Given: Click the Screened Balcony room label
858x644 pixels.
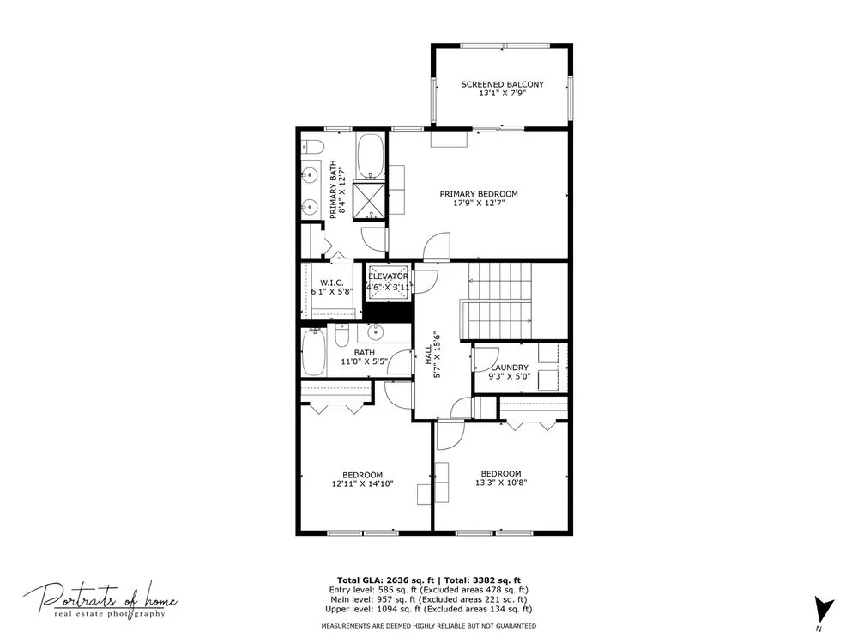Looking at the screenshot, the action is tap(502, 84).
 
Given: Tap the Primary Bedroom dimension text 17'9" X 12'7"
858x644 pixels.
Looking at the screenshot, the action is tap(479, 204).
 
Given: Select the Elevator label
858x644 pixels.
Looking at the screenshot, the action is tap(388, 276).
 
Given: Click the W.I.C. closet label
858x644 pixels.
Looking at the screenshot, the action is tap(331, 283).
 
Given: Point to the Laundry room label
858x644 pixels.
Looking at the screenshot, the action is tap(510, 368).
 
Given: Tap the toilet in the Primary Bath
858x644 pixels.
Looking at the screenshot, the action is tap(313, 147).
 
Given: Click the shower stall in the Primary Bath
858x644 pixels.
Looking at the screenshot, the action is tap(370, 200).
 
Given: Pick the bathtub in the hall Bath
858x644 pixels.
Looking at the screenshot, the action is tap(314, 351).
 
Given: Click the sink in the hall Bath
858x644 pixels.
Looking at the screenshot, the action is tap(376, 331).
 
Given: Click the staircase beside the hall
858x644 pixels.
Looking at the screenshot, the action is tap(498, 301).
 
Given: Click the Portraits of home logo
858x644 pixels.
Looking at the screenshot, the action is tap(100, 600).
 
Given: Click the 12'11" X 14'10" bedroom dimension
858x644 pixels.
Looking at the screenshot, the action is tap(362, 483).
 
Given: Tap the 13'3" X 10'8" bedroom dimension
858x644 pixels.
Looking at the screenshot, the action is tap(501, 483).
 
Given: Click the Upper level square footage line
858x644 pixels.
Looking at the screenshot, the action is tap(428, 609).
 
